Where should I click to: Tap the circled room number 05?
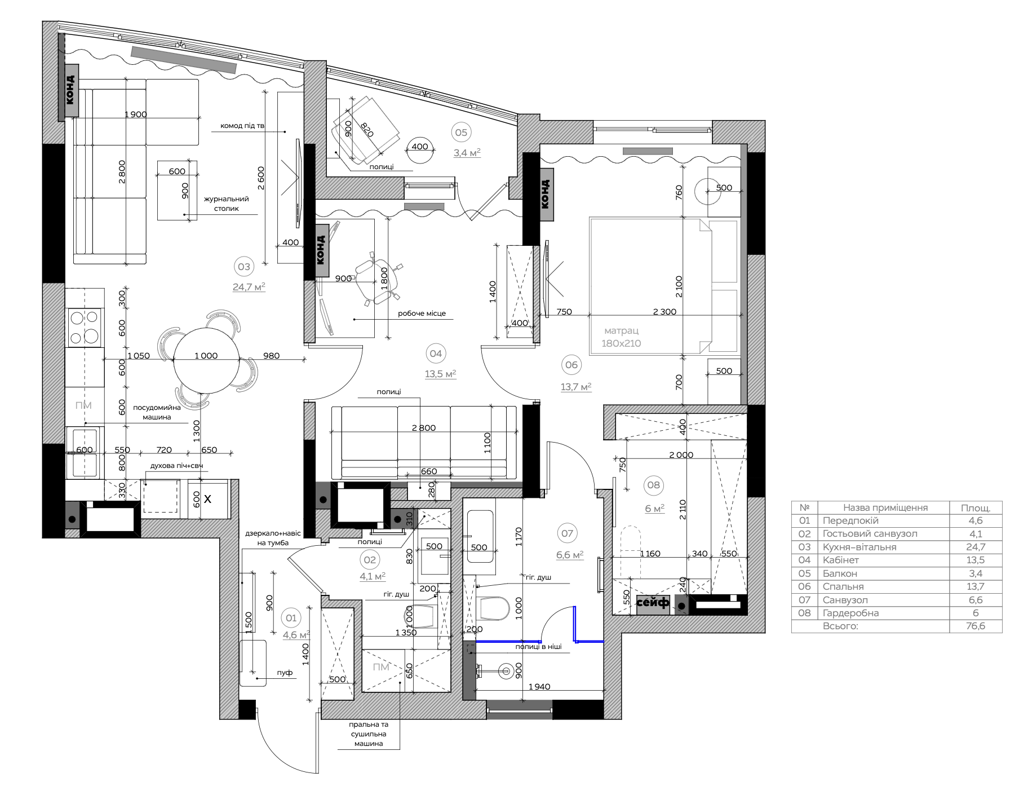(461, 132)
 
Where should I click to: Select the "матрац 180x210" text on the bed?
(621, 337)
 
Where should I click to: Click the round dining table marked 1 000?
(206, 356)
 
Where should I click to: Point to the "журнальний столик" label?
(226, 204)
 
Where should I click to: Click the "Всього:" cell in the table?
(840, 626)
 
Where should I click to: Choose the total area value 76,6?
(975, 626)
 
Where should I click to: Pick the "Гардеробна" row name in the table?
(850, 613)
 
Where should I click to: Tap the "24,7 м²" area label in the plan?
(249, 286)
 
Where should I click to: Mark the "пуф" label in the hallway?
(285, 673)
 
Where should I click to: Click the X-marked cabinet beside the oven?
(207, 499)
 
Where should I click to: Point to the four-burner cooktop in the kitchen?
(85, 328)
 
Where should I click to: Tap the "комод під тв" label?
(242, 126)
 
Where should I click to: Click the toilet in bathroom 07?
(492, 608)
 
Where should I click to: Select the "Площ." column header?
(976, 507)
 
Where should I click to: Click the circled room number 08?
(654, 485)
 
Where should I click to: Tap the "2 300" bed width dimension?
(664, 312)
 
